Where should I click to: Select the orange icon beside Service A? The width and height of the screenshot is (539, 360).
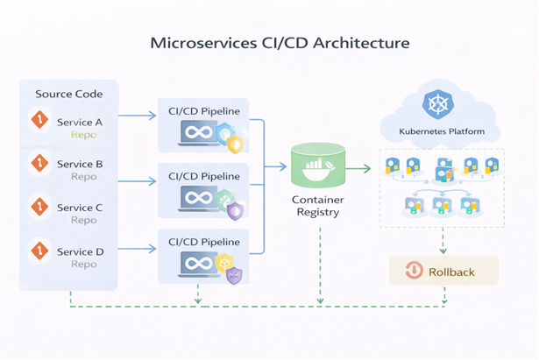[x=38, y=121]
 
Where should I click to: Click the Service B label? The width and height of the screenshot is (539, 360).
[x=81, y=164]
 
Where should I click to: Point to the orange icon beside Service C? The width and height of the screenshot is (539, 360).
[x=38, y=206]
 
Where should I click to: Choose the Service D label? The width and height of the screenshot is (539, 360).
[x=81, y=251]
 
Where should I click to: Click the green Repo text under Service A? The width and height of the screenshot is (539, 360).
[x=84, y=136]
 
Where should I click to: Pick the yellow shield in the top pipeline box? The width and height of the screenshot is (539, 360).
[x=235, y=145]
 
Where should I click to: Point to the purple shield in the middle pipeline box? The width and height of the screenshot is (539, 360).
[x=235, y=210]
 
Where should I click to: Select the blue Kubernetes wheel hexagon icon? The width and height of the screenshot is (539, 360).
[x=436, y=105]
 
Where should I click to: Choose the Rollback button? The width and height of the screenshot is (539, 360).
[x=443, y=271]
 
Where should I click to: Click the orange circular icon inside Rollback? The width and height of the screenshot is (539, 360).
[x=413, y=271]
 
